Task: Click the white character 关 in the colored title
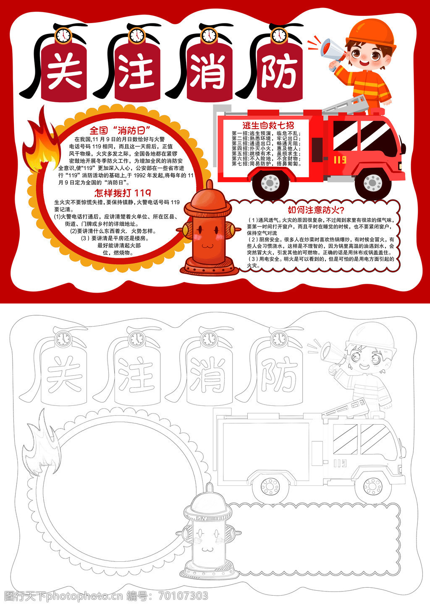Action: tap(65, 70)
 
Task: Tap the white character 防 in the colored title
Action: tap(280, 71)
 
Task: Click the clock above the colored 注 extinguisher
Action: tap(137, 35)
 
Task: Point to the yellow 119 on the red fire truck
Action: tap(340, 160)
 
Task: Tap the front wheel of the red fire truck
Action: tap(373, 182)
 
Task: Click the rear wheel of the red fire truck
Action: tap(270, 183)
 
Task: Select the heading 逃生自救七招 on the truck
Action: tap(268, 125)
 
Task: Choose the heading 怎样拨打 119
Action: tap(123, 193)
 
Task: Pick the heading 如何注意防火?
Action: tap(316, 210)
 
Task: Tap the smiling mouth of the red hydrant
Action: tap(207, 246)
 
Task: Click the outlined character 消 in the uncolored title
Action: tap(208, 374)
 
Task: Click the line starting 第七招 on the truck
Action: tap(267, 163)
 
